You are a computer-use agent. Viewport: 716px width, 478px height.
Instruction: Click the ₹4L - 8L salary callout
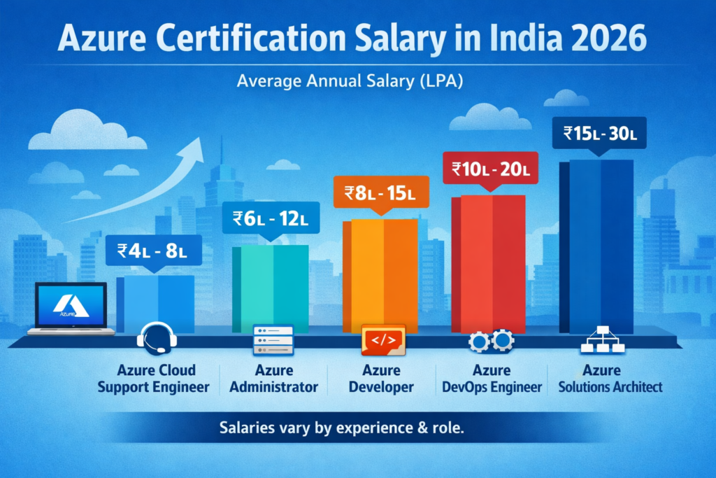[x=154, y=249]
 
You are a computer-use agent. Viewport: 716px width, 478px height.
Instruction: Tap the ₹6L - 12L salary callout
[x=270, y=218]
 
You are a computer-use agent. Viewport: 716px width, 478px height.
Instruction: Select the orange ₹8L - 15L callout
[x=378, y=192]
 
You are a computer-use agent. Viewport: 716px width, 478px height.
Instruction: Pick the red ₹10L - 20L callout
[x=492, y=168]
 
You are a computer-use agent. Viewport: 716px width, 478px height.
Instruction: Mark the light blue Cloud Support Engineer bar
[x=155, y=303]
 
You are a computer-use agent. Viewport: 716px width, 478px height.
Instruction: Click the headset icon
[x=157, y=338]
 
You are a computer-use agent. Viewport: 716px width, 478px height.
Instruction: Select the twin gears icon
[x=491, y=341]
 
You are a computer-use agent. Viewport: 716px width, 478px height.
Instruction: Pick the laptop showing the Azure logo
[x=71, y=308]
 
